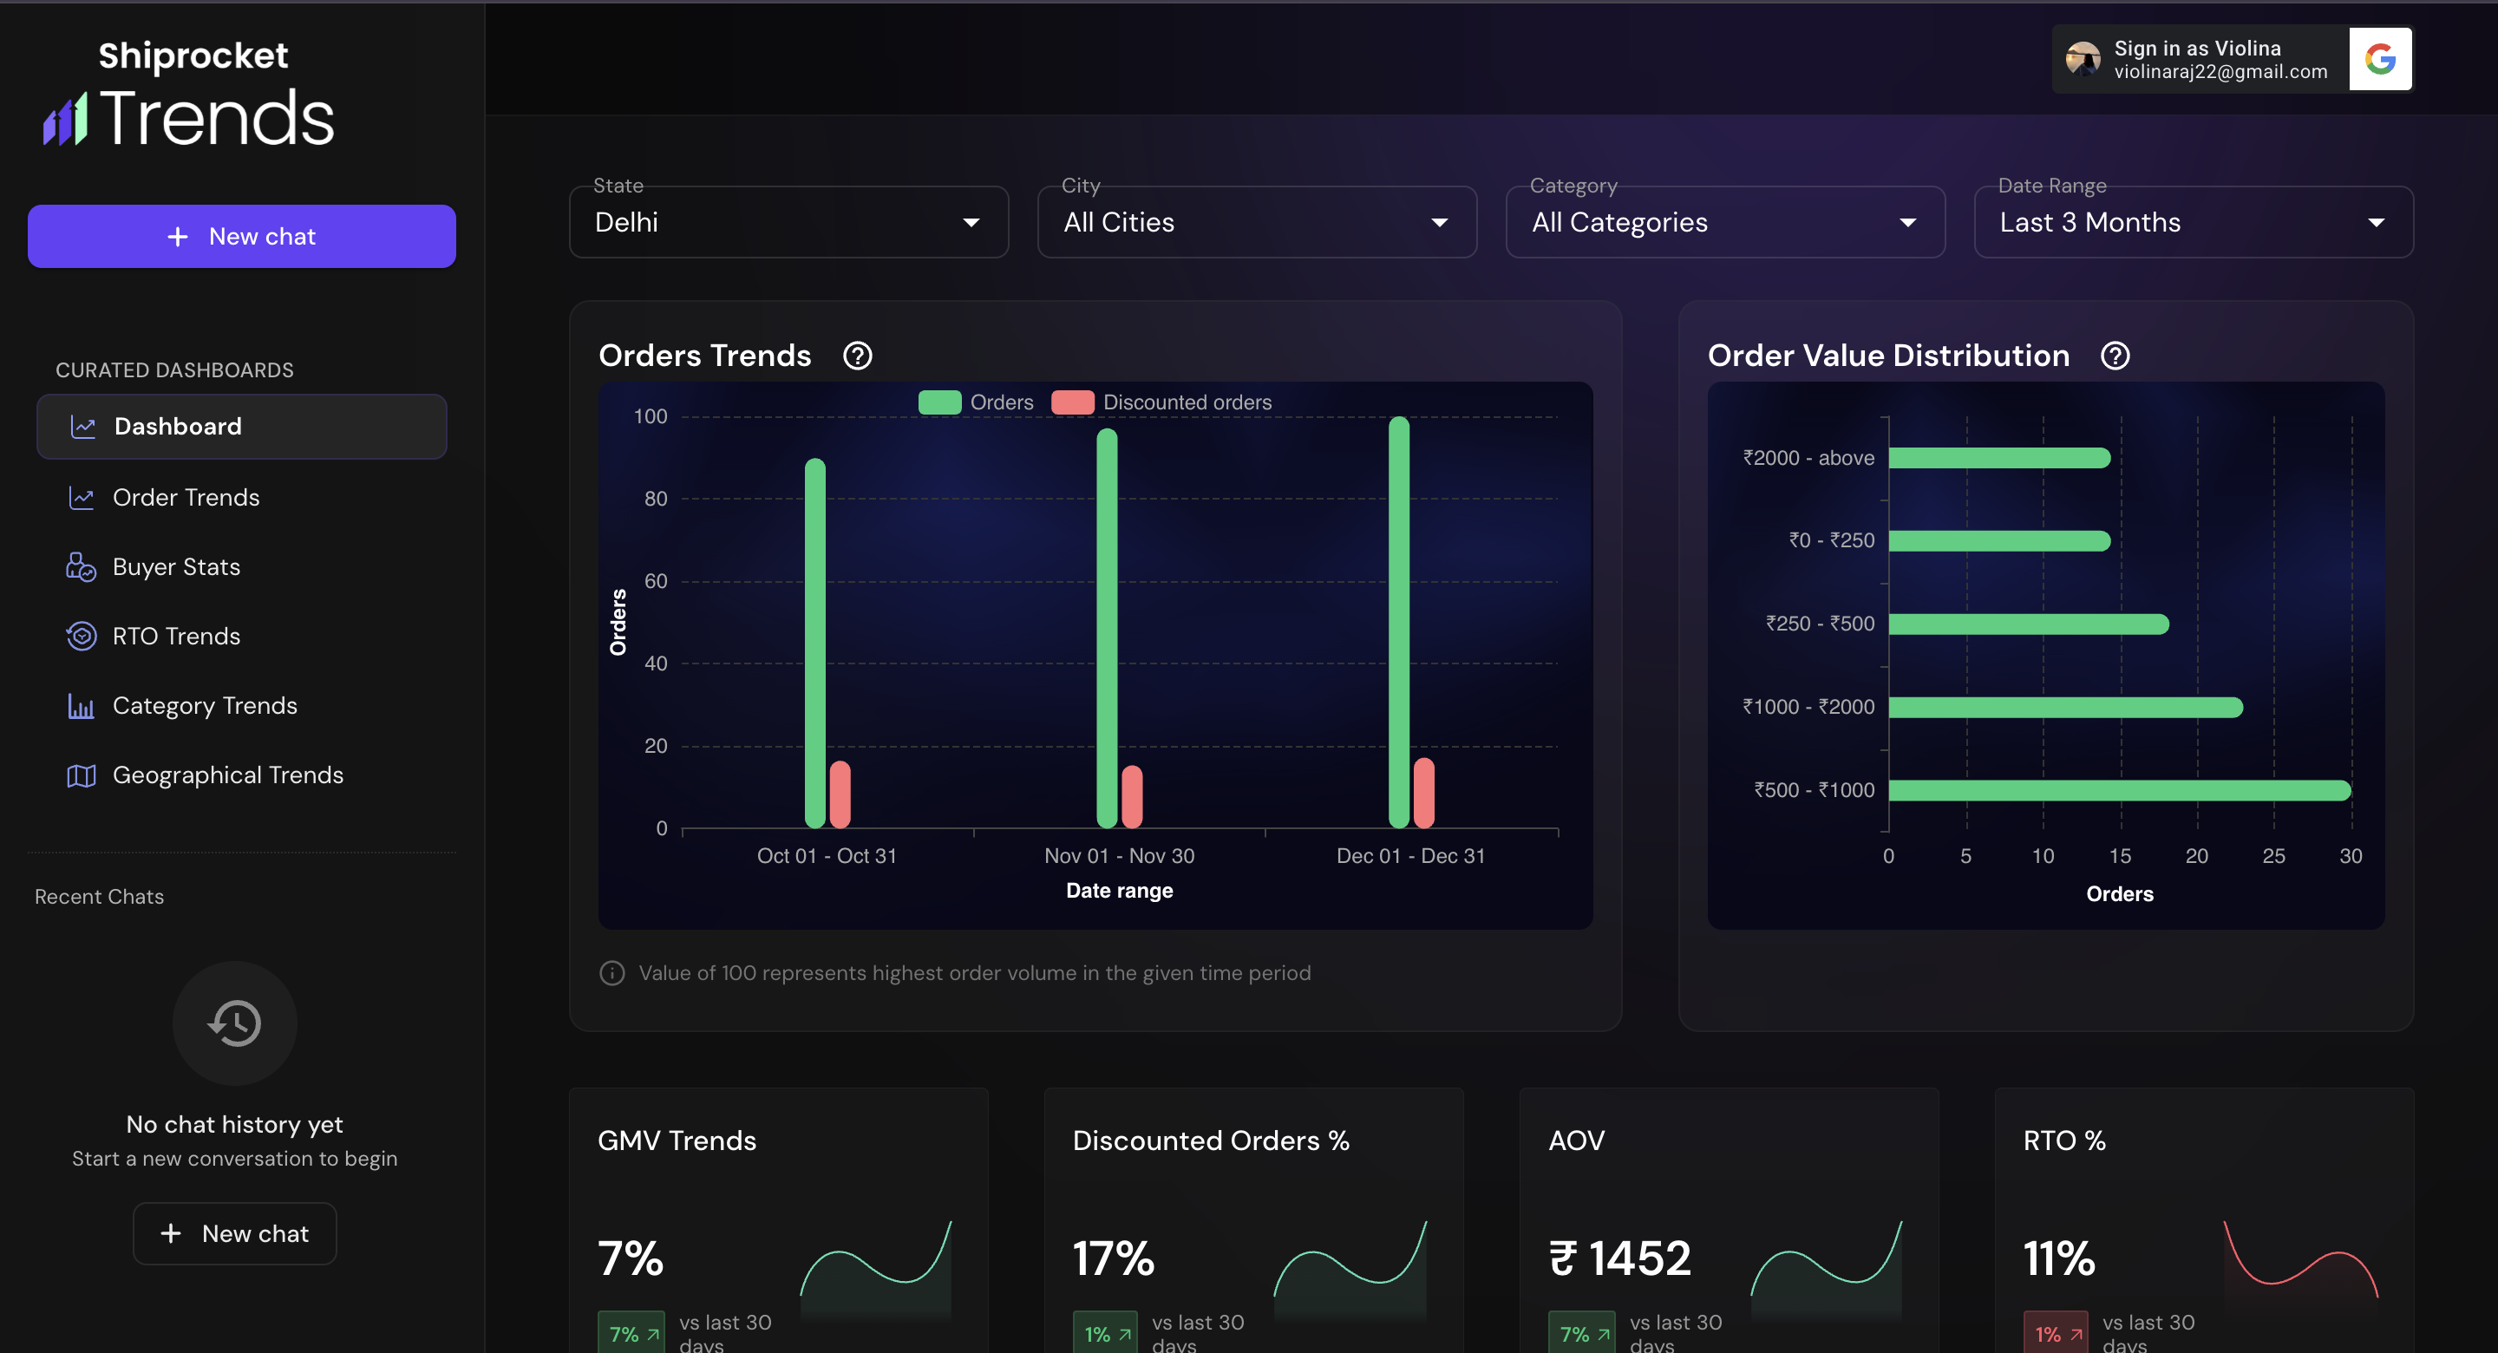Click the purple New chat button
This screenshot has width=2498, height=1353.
241,236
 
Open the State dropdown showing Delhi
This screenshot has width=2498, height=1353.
788,222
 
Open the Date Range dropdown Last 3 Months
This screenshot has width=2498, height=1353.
2193,222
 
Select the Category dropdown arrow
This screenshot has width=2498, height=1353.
1907,222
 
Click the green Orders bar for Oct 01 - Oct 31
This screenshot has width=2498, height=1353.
814,642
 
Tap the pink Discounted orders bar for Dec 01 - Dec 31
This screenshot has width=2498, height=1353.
1423,793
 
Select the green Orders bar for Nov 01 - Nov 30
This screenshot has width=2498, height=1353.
1107,628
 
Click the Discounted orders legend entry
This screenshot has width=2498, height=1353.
1161,402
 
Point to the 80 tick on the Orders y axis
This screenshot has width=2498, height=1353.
656,499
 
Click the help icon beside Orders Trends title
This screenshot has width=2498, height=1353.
857,356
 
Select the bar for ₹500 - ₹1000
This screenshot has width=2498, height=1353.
2119,789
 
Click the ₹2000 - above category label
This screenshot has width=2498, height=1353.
1808,458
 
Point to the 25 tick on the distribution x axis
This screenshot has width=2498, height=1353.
2273,855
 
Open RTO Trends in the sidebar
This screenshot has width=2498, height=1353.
175,637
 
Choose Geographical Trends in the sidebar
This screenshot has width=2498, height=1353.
227,775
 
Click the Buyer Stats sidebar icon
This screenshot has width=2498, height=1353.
81,566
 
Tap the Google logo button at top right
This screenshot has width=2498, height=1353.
2380,59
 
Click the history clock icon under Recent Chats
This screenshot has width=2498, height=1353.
235,1023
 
